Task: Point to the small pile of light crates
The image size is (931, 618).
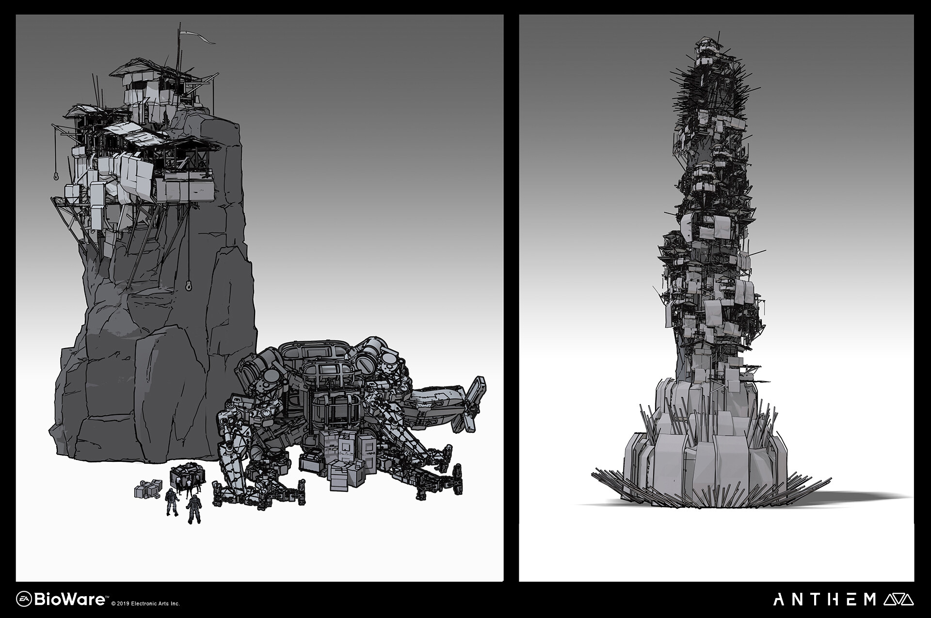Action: (x=147, y=489)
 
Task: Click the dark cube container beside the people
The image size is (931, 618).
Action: (x=185, y=480)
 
